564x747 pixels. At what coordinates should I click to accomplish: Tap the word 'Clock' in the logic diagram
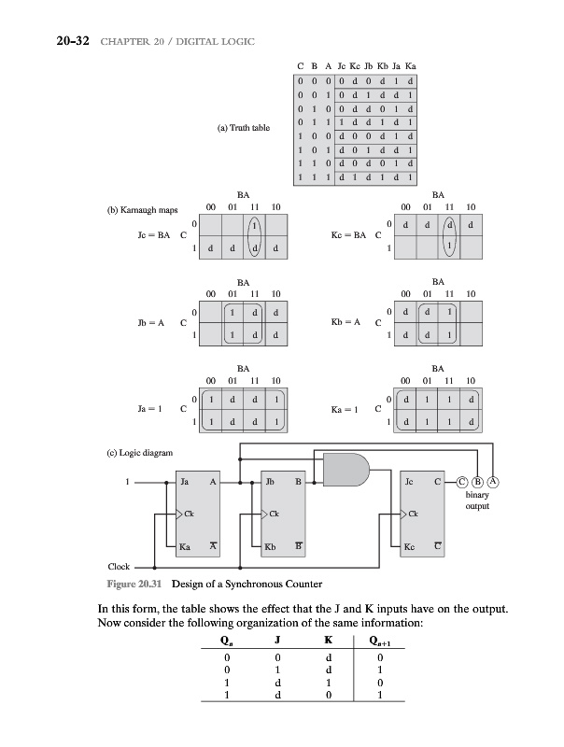pyautogui.click(x=119, y=566)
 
